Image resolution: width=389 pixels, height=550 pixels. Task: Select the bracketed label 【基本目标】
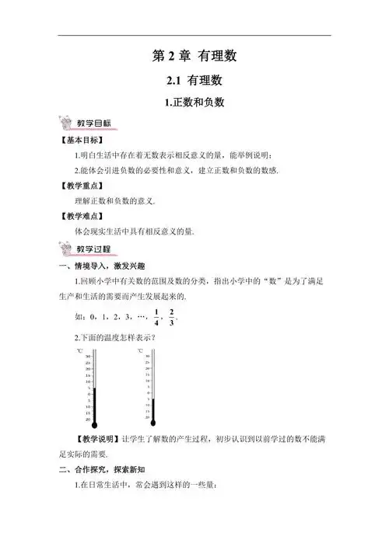click(82, 140)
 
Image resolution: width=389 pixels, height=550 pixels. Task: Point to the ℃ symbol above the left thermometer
click(80, 351)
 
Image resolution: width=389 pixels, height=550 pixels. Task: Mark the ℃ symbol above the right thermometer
click(141, 351)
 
